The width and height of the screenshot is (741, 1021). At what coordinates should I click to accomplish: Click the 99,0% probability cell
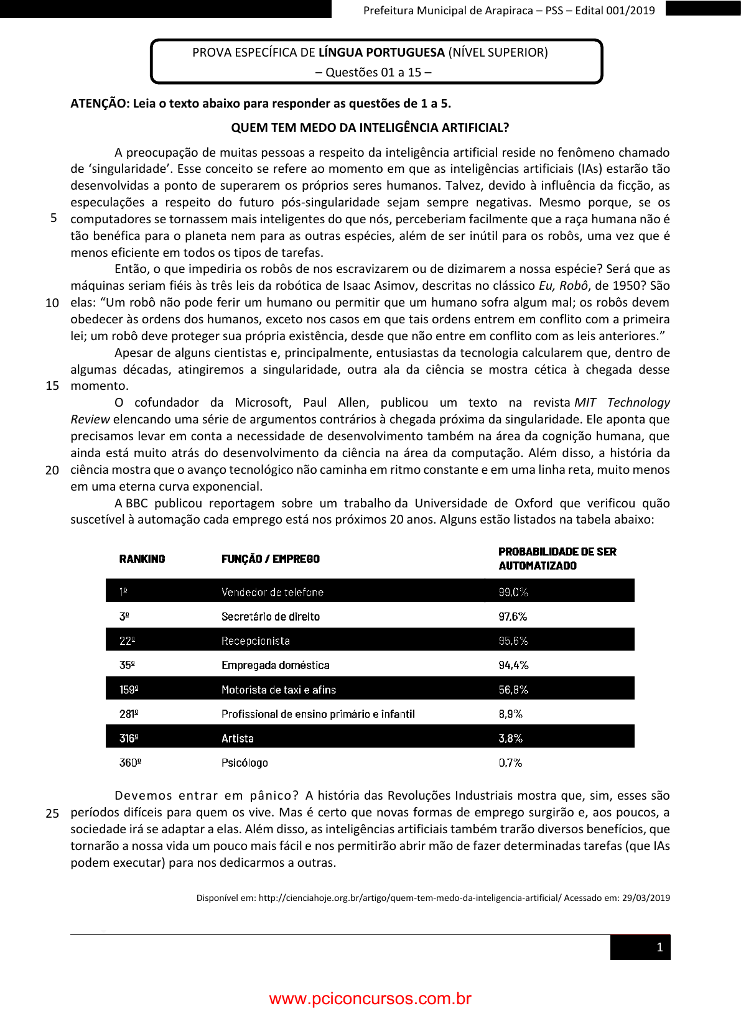click(x=513, y=592)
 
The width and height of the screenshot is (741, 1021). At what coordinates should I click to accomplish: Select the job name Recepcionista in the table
click(x=256, y=641)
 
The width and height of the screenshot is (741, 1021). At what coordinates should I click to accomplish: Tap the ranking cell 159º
click(x=129, y=690)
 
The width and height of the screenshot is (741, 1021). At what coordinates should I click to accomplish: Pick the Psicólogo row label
click(x=245, y=763)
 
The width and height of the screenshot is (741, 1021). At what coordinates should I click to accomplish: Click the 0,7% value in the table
click(x=510, y=763)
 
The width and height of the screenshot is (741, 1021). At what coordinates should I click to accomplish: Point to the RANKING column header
click(x=142, y=559)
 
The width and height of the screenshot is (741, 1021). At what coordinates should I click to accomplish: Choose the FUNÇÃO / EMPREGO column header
click(x=271, y=559)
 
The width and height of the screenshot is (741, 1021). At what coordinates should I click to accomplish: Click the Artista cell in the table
click(x=238, y=739)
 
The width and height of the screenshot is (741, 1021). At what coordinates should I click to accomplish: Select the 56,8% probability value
click(x=513, y=690)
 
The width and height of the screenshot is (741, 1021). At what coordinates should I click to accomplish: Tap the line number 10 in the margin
click(x=52, y=303)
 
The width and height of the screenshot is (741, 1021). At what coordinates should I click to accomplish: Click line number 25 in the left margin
click(x=52, y=813)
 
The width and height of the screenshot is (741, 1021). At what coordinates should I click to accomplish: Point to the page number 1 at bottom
click(x=659, y=948)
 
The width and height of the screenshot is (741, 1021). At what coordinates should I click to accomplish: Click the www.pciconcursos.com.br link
click(x=370, y=999)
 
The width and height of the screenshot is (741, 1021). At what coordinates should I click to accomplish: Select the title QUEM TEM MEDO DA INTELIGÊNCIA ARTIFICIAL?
click(x=370, y=127)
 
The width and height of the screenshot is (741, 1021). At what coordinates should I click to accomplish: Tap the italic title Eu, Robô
click(x=564, y=286)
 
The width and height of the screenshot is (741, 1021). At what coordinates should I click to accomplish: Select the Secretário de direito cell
click(x=271, y=617)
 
